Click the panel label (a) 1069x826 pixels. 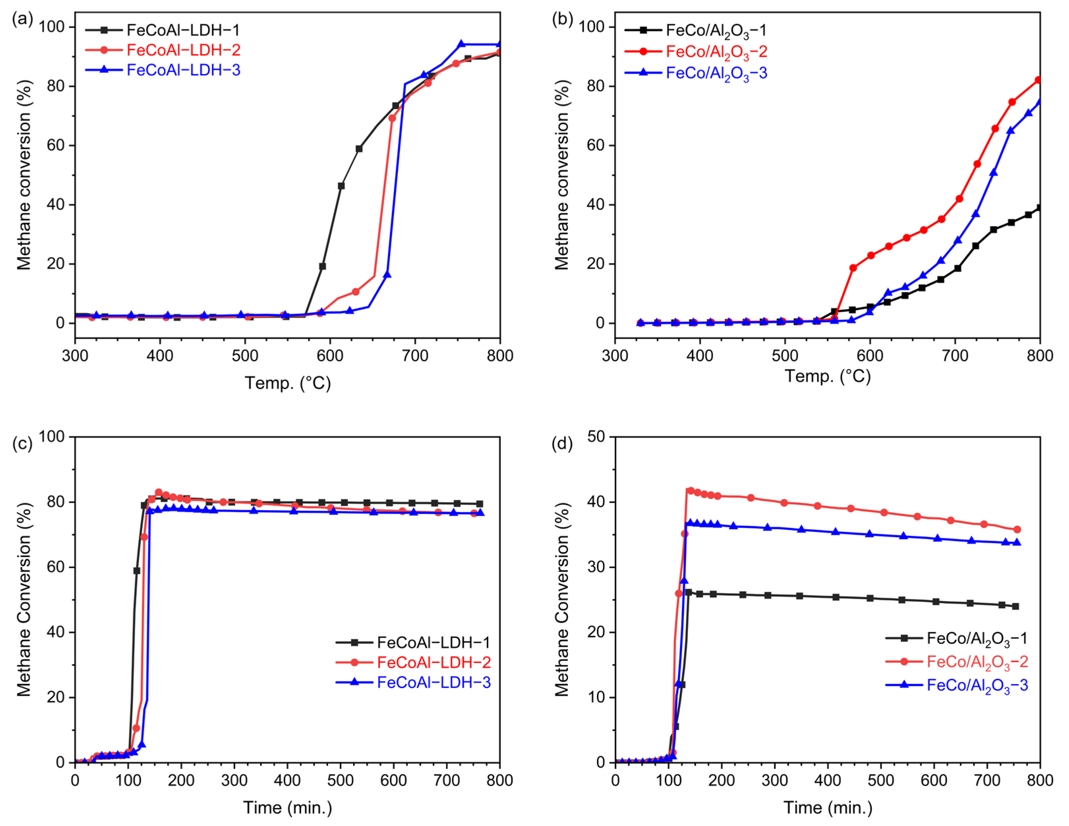pos(22,19)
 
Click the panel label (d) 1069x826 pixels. pos(562,444)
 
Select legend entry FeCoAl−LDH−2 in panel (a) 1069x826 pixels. pos(183,50)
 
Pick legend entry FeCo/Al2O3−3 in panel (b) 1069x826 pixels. pos(716,73)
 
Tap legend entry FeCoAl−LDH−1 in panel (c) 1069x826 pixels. pos(433,642)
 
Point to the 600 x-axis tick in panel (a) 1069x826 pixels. pos(330,356)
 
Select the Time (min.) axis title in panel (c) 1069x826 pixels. pos(287,808)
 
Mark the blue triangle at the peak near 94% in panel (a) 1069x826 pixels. pos(460,44)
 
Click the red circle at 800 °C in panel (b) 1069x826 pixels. pos(1038,80)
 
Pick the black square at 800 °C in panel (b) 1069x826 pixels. pos(1038,208)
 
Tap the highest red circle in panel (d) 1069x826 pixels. pos(691,490)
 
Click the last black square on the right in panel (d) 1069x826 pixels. pos(1015,606)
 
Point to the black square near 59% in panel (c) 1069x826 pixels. pos(136,571)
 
